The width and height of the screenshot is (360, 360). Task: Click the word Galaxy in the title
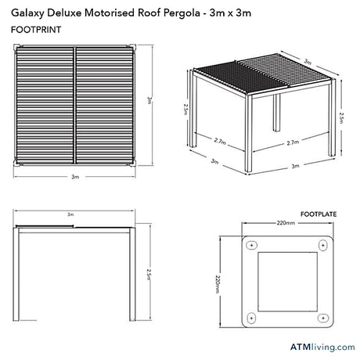click(x=27, y=13)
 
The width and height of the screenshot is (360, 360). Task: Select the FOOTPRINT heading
click(x=36, y=30)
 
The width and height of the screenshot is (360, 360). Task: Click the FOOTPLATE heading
click(x=319, y=214)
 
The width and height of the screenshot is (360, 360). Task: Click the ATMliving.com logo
click(x=322, y=347)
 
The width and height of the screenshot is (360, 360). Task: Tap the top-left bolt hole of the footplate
click(x=252, y=246)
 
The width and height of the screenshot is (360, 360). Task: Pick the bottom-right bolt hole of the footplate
click(x=323, y=318)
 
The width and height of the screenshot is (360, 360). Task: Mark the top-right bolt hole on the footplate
click(x=323, y=246)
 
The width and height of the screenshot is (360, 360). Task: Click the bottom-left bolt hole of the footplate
click(x=251, y=318)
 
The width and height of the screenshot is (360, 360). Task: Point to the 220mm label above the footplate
click(x=286, y=223)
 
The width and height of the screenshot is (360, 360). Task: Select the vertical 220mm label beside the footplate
click(x=218, y=284)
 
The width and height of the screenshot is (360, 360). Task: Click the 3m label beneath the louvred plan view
click(x=75, y=177)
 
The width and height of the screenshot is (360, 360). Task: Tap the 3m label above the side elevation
click(x=70, y=214)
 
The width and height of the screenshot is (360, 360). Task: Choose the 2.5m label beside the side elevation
click(x=149, y=275)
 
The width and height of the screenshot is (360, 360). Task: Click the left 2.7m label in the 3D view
click(x=220, y=141)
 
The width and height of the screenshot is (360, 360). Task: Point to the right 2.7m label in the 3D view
click(x=293, y=142)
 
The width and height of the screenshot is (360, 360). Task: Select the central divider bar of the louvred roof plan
click(x=75, y=105)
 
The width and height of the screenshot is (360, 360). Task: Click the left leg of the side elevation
click(x=16, y=274)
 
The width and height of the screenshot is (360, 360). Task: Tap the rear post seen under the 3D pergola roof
click(x=276, y=113)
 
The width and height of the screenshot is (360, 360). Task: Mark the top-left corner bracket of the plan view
click(x=16, y=48)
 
